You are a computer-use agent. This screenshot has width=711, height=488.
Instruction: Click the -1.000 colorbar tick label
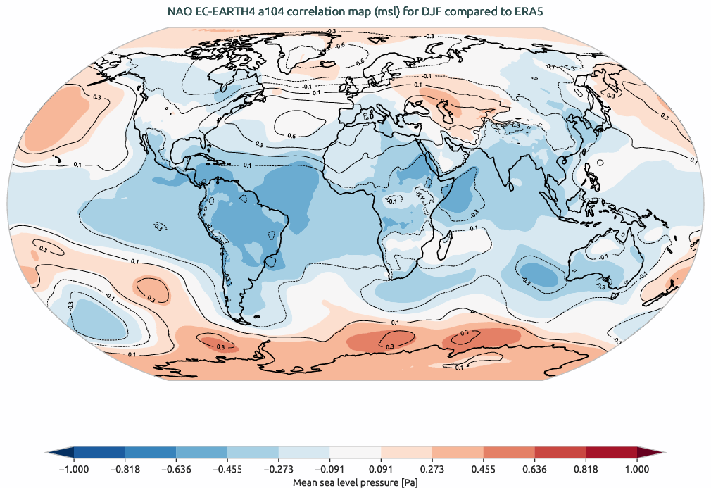tap(73, 468)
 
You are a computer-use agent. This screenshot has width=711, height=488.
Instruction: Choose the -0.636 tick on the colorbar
tap(176, 468)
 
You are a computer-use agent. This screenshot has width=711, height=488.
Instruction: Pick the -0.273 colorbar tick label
tap(279, 468)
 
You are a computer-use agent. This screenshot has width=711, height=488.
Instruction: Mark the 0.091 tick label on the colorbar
tap(381, 468)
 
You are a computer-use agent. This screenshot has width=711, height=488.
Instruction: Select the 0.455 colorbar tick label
tap(484, 468)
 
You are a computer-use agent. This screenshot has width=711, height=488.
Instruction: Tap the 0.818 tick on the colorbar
tap(586, 468)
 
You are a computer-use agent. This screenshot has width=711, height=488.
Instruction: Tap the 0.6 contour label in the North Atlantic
tap(291, 135)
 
